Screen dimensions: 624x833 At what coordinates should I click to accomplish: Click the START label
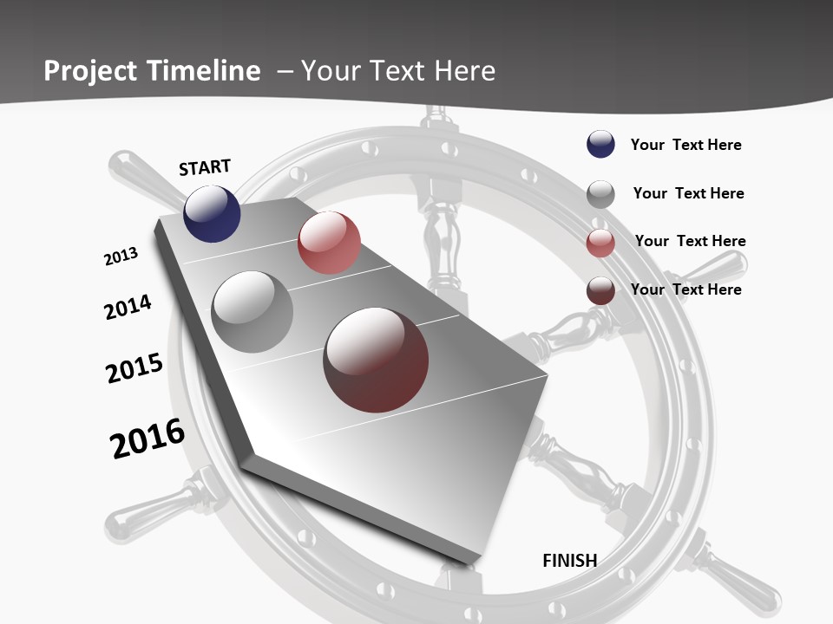click(205, 167)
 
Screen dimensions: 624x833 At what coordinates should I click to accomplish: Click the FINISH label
click(569, 561)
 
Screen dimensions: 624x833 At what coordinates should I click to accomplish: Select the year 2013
click(121, 257)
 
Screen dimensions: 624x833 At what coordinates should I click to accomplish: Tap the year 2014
click(128, 307)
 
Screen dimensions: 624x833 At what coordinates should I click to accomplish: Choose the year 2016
click(148, 439)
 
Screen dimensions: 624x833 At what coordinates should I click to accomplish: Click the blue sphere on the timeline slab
click(212, 213)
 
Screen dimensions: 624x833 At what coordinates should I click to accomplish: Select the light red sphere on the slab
click(329, 243)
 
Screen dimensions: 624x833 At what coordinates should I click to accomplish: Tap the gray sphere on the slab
click(253, 312)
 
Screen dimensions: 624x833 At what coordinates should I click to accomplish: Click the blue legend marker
click(600, 145)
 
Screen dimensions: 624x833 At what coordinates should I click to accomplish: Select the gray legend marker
click(600, 194)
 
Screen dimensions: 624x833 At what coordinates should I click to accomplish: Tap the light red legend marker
click(600, 244)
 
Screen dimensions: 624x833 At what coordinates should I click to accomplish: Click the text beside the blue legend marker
click(685, 145)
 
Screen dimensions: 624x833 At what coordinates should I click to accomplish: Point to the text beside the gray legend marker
click(688, 193)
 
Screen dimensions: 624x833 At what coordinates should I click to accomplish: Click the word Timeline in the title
click(204, 71)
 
